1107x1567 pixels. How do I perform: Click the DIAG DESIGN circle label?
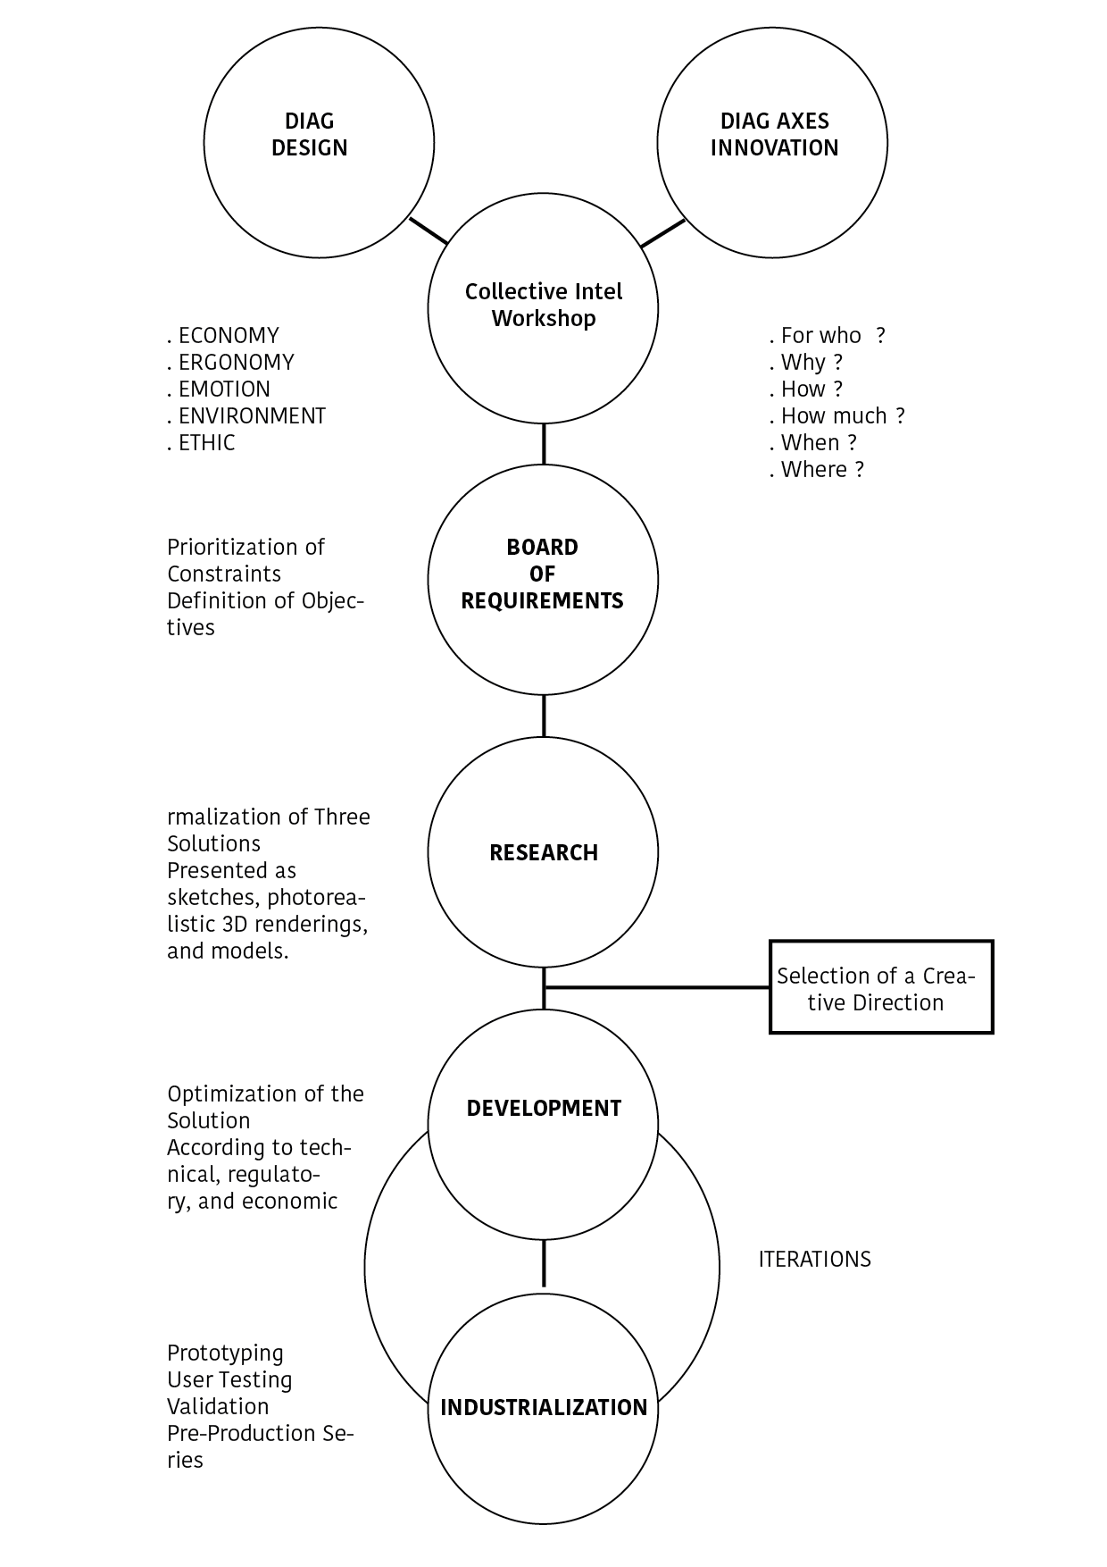310,135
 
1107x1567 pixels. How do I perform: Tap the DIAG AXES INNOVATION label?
774,135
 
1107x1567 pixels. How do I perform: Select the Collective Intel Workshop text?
544,305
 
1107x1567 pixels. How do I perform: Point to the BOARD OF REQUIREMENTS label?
543,574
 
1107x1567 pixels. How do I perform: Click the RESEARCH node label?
544,852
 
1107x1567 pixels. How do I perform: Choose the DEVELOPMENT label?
544,1108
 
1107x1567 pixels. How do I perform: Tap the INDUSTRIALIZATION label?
544,1407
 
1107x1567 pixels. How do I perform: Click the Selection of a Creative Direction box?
881,987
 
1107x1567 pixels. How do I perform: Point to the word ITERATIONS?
814,1259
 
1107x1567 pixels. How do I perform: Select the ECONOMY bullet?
223,335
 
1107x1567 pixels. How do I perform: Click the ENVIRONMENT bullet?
246,415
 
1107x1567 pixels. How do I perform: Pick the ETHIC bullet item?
201,442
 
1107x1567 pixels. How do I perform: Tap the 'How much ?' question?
837,415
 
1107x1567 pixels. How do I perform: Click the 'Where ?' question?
817,469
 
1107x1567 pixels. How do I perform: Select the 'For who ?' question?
828,335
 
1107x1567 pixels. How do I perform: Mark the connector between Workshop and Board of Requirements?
544,444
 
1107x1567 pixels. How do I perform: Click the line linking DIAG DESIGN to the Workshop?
429,230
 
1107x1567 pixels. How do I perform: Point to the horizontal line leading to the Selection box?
657,987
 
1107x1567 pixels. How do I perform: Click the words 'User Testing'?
229,1379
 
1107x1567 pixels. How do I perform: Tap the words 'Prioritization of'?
246,547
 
